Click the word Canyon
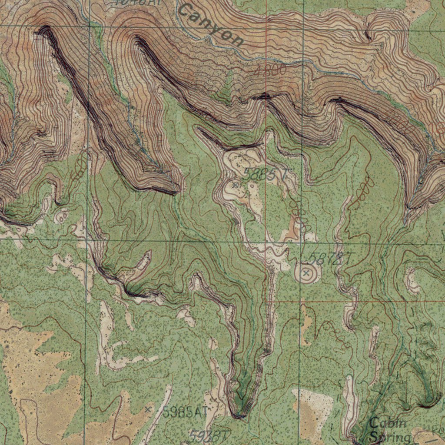(211, 25)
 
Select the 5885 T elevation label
(265, 175)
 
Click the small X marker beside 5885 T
(236, 185)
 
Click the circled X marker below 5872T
(306, 273)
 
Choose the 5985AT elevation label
(185, 412)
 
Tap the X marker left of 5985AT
(148, 409)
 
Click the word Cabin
(388, 422)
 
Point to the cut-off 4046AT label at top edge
(130, 2)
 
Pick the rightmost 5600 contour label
(364, 191)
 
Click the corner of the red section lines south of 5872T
(266, 301)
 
